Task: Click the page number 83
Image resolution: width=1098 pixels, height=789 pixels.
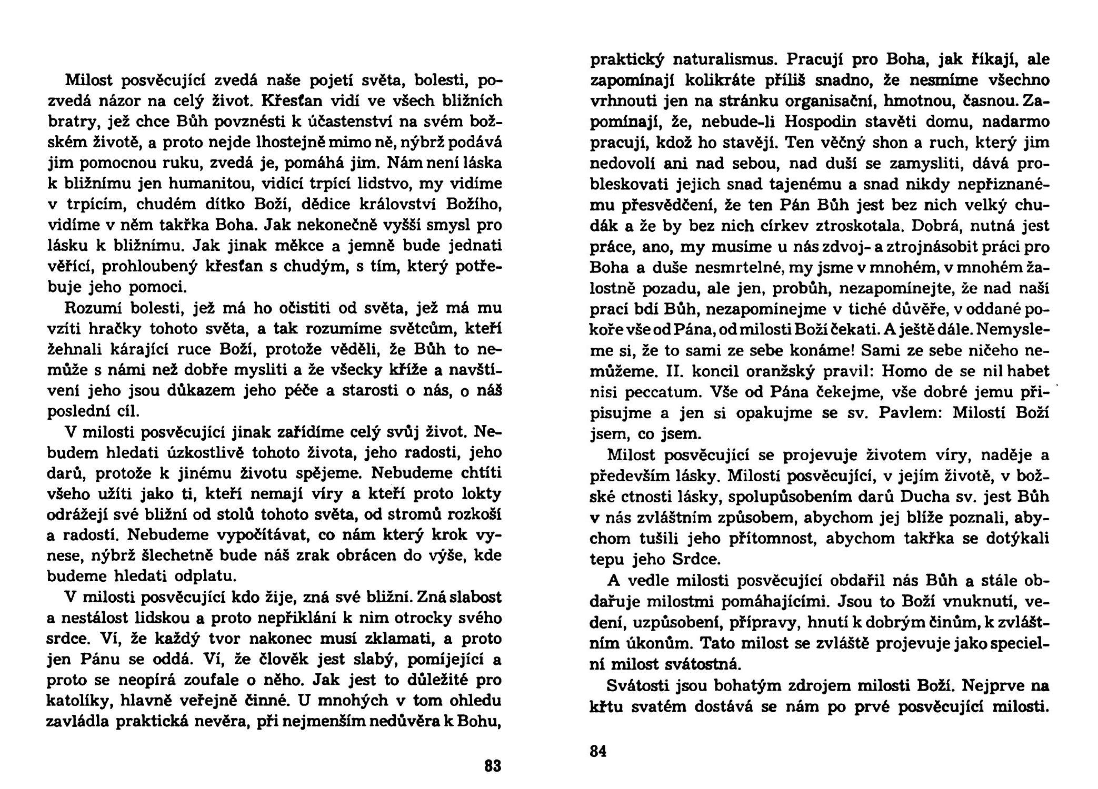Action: tap(493, 766)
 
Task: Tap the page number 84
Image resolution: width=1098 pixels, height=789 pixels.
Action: tap(598, 751)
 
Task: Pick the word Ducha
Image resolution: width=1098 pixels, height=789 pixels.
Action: tap(921, 496)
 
